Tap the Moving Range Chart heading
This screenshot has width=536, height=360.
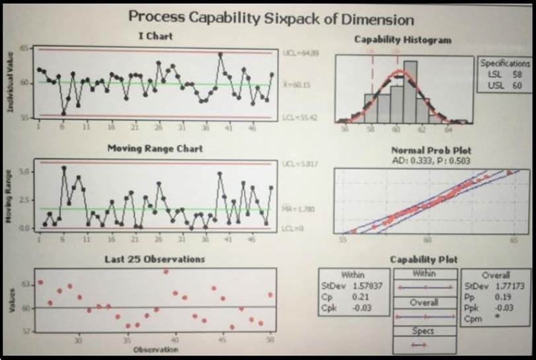coord(155,149)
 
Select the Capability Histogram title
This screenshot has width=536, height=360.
coord(402,40)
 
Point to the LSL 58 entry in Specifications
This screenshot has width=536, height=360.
coord(506,75)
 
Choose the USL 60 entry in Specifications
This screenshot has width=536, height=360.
coord(506,85)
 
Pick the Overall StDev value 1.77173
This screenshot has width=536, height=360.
coord(509,286)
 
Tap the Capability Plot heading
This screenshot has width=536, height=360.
coord(423,260)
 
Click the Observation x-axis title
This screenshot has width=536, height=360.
coord(156,349)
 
